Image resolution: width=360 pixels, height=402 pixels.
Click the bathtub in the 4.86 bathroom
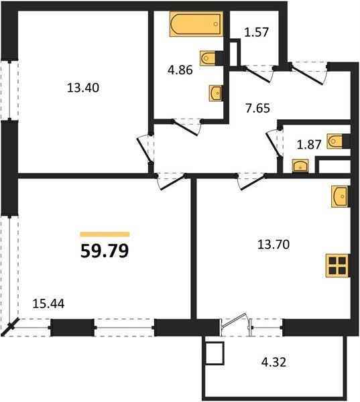[196, 24]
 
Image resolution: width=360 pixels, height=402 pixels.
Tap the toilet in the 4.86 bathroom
[211, 58]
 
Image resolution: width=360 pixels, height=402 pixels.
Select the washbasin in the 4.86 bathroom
[216, 93]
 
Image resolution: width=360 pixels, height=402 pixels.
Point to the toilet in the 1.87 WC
[339, 141]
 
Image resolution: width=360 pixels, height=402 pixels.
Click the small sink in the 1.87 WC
[300, 166]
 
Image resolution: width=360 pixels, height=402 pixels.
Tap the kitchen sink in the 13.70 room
[341, 196]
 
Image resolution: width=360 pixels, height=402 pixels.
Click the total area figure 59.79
[105, 251]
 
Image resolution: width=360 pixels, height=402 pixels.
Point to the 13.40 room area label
[83, 88]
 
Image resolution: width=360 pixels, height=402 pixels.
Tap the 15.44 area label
[49, 304]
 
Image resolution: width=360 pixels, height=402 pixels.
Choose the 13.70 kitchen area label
[274, 244]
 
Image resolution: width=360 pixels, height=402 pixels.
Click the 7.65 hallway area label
[257, 108]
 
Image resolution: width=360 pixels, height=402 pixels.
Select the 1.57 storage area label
[256, 32]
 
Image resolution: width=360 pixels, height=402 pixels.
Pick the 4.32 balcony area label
[274, 362]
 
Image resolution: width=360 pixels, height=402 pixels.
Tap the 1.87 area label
[309, 145]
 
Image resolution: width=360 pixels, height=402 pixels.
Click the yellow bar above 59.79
[105, 234]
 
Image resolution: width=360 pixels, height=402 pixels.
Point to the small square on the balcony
[215, 353]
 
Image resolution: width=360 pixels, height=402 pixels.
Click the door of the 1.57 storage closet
[257, 74]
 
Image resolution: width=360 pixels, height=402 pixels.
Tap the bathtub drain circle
[216, 24]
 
